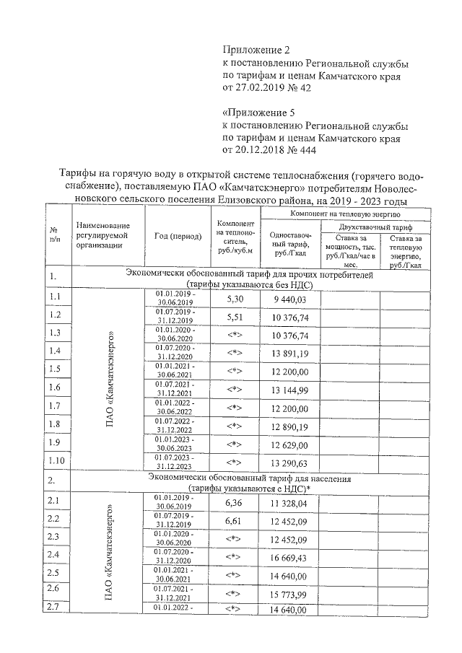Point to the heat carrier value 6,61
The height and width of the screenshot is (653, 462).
tap(234, 520)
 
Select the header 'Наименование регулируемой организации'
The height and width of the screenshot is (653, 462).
tap(102, 236)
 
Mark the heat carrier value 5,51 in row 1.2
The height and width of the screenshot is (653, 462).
tap(234, 316)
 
